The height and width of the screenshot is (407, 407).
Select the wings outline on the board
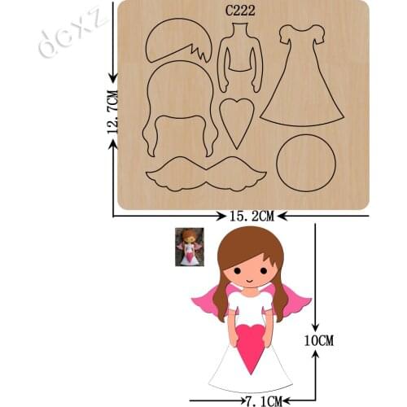click(x=206, y=174)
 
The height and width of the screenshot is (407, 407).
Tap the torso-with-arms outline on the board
click(x=240, y=57)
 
